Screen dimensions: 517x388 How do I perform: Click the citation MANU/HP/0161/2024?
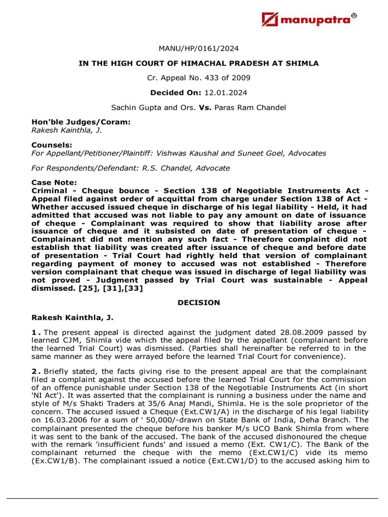(x=198, y=48)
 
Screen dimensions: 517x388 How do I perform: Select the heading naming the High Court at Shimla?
(x=198, y=63)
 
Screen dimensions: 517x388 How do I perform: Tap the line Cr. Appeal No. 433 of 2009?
(x=198, y=78)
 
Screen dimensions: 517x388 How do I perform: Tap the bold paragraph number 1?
(x=35, y=333)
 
